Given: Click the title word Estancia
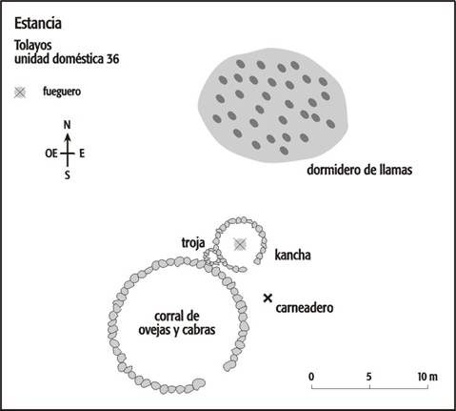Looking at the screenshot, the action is [x=38, y=24].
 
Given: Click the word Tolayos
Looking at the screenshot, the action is [x=33, y=46].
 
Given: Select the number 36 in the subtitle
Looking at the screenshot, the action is [x=112, y=59].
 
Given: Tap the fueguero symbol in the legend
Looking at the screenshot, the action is [x=20, y=92].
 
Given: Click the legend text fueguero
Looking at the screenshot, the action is [x=62, y=92].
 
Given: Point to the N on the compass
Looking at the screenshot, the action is [x=67, y=125].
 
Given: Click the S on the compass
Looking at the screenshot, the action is [x=68, y=175].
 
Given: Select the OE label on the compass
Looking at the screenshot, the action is [x=51, y=154].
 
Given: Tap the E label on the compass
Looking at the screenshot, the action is [x=82, y=154].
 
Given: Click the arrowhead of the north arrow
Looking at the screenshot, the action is [x=68, y=137].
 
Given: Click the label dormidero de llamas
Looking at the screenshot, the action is [x=360, y=170].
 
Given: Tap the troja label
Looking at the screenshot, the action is [x=193, y=243].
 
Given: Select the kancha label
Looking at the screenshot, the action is [x=292, y=255].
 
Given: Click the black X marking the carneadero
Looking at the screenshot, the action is [x=268, y=298].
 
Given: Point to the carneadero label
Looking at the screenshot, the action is [x=305, y=308].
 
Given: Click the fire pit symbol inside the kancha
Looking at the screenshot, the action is [x=240, y=244].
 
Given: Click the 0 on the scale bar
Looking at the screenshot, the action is [x=311, y=377].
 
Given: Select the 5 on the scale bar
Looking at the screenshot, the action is [x=368, y=377].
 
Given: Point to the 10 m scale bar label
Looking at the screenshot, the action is [x=427, y=377].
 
